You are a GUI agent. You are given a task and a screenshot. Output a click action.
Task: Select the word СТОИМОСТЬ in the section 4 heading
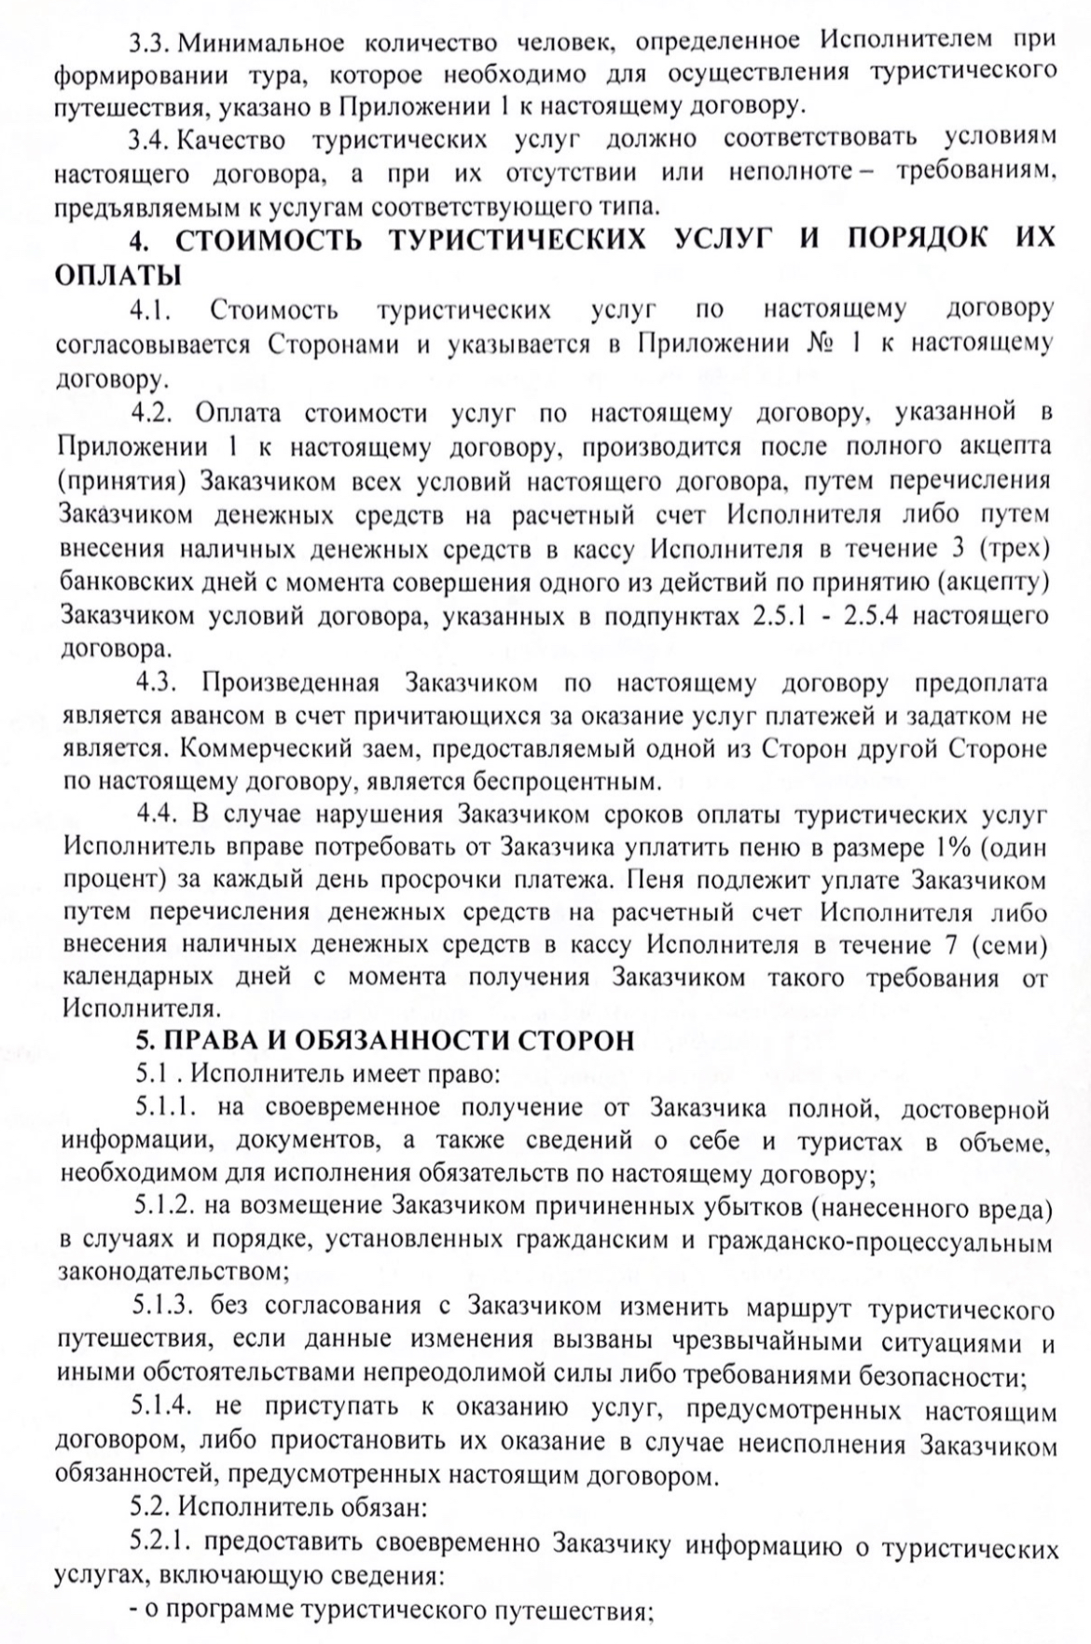pos(270,239)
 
